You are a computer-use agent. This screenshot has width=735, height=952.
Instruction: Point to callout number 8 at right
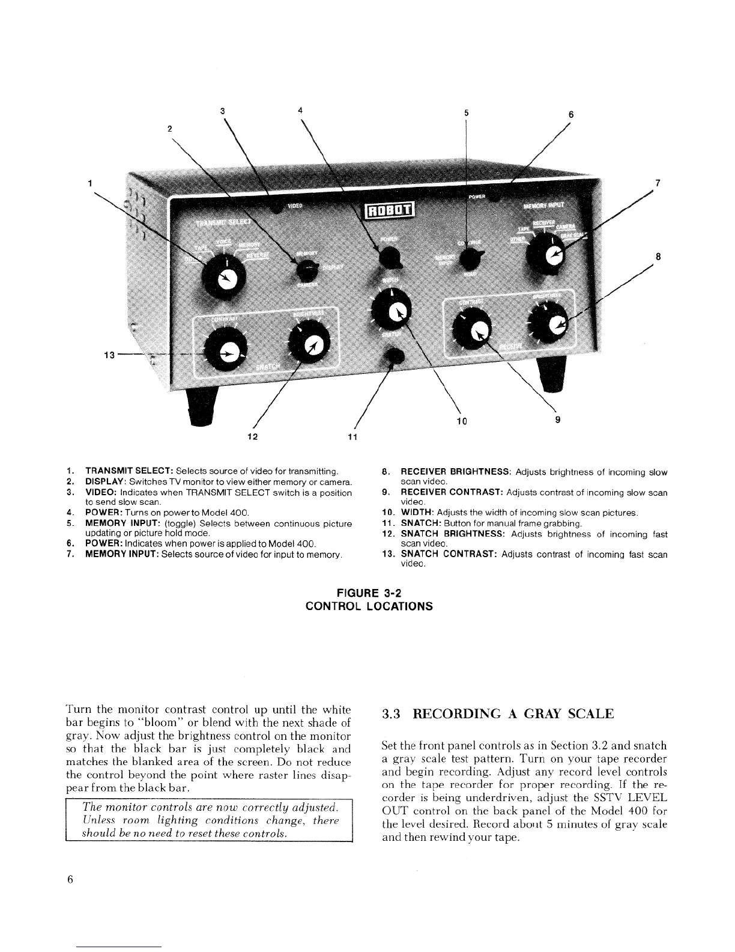click(658, 257)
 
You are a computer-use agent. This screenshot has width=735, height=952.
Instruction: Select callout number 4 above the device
click(300, 110)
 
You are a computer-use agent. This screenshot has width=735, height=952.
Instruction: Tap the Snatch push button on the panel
click(394, 355)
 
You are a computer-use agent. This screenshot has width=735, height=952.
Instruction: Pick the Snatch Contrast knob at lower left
click(226, 353)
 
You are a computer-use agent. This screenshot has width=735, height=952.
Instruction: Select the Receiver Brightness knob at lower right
click(552, 325)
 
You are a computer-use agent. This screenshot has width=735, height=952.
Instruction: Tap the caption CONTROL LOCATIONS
click(369, 606)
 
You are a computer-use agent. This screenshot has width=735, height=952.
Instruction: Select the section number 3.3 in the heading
click(392, 714)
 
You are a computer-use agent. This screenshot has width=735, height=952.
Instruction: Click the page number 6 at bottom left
click(70, 879)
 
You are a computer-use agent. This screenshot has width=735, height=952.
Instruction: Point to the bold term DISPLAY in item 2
click(106, 481)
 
